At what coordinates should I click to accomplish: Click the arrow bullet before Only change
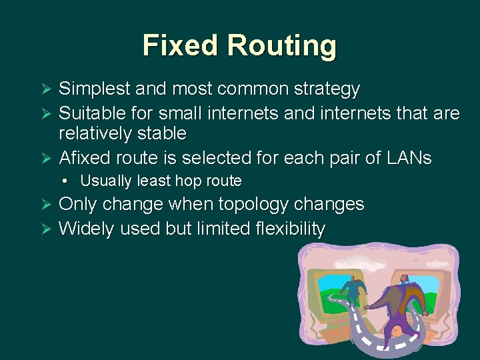click(47, 205)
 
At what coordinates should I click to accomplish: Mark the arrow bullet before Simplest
click(47, 89)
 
